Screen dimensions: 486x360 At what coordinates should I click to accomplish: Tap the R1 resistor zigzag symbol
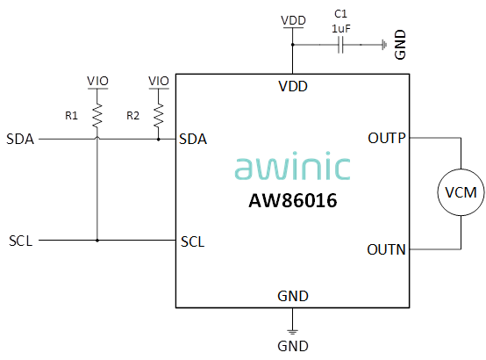(x=97, y=115)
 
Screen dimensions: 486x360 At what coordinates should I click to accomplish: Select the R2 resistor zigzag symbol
(x=159, y=115)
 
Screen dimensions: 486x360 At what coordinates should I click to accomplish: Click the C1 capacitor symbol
(x=340, y=45)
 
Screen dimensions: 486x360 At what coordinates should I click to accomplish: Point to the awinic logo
(x=293, y=166)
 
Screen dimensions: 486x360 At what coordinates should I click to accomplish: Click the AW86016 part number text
(x=293, y=200)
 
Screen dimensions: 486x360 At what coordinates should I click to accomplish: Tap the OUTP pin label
(x=387, y=138)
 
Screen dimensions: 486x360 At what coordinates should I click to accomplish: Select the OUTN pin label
(x=386, y=249)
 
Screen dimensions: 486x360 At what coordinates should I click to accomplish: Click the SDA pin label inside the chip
(x=193, y=139)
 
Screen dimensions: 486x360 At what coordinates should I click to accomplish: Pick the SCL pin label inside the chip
(x=192, y=241)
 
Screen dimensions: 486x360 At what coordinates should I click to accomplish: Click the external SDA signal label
(x=20, y=139)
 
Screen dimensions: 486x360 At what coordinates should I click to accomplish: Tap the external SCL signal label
(x=21, y=241)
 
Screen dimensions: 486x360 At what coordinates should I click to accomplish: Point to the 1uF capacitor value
(x=341, y=29)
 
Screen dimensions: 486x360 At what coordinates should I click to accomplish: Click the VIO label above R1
(x=97, y=81)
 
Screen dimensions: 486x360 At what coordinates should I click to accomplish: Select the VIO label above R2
(x=159, y=81)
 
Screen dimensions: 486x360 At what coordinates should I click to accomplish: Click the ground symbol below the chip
(x=292, y=331)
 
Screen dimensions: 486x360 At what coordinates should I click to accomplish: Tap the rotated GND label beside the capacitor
(x=400, y=45)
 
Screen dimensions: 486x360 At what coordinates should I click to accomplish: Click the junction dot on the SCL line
(x=97, y=241)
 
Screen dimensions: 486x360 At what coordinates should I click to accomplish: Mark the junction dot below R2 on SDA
(x=159, y=140)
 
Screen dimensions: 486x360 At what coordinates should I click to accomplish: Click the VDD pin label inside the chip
(x=293, y=86)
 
